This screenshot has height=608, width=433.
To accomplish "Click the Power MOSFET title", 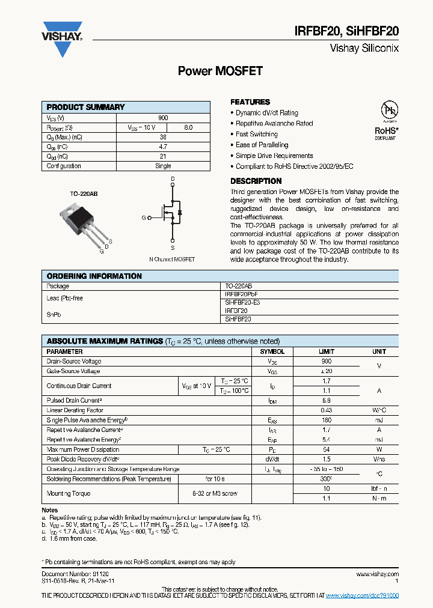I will (x=220, y=71).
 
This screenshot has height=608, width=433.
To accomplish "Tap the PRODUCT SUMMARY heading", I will (x=85, y=107).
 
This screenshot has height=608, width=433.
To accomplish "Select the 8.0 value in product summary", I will (x=188, y=127).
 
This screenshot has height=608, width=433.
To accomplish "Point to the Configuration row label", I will (x=64, y=166).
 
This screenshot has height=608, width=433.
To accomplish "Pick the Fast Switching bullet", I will (x=256, y=134).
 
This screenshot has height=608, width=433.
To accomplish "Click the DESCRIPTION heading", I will (x=256, y=181).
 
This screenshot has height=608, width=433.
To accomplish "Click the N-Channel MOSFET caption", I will (x=172, y=259).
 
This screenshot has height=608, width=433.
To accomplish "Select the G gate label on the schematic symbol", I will (x=144, y=217).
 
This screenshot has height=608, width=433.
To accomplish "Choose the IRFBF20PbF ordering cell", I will (x=240, y=296).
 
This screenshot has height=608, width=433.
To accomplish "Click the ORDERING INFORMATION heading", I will (x=94, y=276).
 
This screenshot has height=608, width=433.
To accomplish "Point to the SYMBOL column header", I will (x=272, y=351).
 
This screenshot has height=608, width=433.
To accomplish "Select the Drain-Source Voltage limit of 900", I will (x=326, y=362).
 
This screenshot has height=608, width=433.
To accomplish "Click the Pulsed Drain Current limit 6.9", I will (x=326, y=400).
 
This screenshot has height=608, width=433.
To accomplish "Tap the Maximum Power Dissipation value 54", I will (x=326, y=449).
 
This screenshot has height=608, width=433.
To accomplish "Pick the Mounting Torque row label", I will (x=69, y=493).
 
